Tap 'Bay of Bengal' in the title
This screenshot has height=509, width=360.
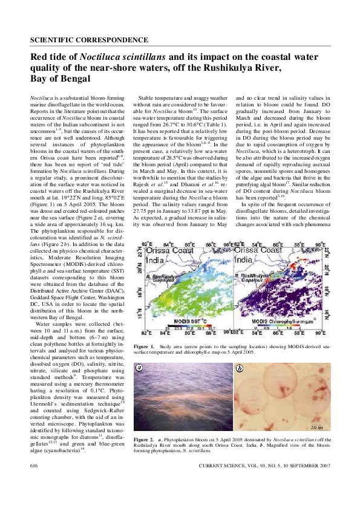point(61,79)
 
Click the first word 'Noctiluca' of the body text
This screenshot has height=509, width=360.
point(41,97)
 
